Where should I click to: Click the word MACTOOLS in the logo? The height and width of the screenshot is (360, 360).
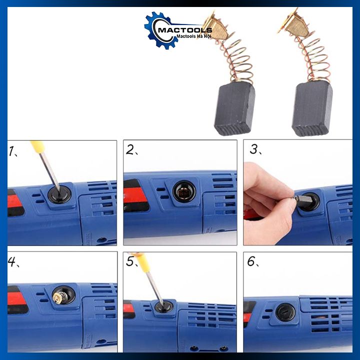(185, 30)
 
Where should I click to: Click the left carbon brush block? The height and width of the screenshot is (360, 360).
(234, 108)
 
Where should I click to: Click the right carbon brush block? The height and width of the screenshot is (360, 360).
(312, 109)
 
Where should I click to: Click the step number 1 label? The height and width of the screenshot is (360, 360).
(12, 151)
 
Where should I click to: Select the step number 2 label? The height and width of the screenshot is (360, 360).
(131, 150)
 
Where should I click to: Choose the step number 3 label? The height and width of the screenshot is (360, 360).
(255, 149)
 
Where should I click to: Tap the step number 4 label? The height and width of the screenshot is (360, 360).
(13, 261)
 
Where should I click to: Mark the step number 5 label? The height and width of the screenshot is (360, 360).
(132, 261)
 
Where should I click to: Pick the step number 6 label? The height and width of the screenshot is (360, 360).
(253, 261)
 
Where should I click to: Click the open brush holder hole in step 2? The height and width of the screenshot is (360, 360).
(184, 191)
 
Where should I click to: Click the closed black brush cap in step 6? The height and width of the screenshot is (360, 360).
(285, 312)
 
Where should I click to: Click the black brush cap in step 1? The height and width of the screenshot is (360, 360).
(59, 194)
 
